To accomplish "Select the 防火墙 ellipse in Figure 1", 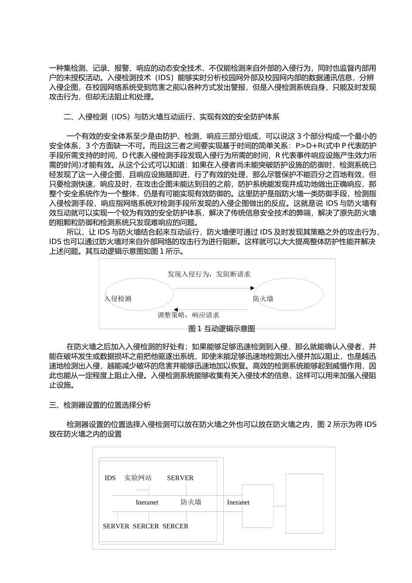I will (x=288, y=295).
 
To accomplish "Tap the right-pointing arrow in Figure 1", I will (x=214, y=288).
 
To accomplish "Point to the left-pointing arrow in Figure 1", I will (x=211, y=309).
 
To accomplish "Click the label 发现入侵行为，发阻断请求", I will (x=209, y=274).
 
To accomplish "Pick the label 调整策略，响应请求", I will (x=188, y=315).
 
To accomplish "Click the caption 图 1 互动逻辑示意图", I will (x=222, y=329).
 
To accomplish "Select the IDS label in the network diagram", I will (x=110, y=478).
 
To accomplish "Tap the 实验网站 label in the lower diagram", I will (x=138, y=478).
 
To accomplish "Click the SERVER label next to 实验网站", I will (x=180, y=478).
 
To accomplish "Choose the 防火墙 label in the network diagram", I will (x=191, y=502).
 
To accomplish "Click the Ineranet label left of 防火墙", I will (x=147, y=502).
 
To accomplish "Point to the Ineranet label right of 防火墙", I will (x=238, y=502).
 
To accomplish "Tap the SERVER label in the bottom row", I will (x=116, y=526).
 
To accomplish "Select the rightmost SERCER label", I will (x=175, y=526).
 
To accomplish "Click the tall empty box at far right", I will (x=304, y=503).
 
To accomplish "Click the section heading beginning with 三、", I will (x=100, y=405).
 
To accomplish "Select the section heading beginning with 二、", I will (x=171, y=117).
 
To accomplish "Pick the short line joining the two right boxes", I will (x=279, y=506).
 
